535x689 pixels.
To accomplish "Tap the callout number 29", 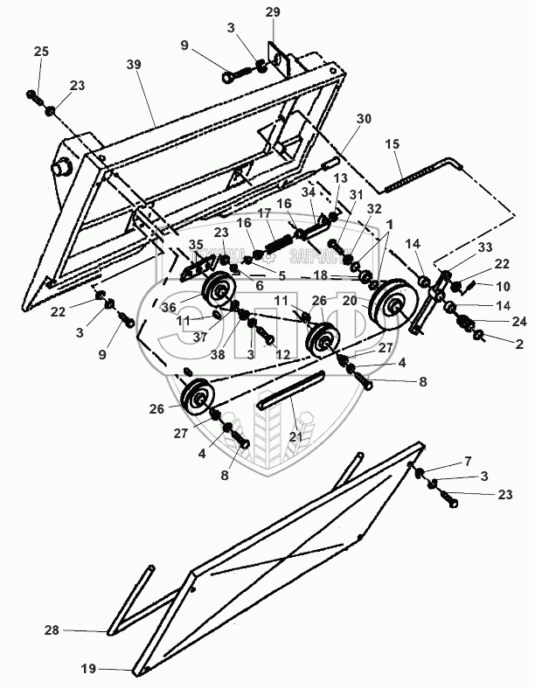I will tap(273, 11).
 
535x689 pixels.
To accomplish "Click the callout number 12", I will tap(281, 355).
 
